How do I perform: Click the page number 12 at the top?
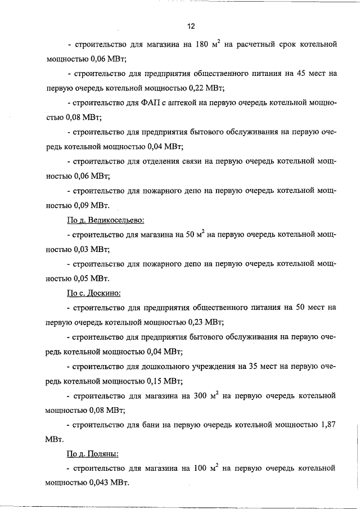(191, 26)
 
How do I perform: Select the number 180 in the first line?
(202, 44)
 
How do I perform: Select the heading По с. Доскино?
(94, 292)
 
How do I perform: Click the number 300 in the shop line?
(202, 395)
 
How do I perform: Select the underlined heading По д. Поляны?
(93, 453)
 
